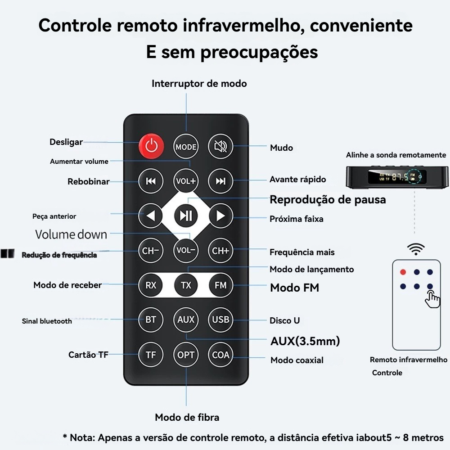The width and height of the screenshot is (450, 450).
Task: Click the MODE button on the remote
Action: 186,147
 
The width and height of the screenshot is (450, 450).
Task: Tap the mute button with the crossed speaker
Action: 220,146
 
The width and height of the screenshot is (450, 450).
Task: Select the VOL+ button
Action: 186,181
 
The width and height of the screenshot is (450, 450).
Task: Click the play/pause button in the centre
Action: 186,216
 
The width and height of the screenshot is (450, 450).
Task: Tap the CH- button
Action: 151,251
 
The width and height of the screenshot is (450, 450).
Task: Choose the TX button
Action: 186,285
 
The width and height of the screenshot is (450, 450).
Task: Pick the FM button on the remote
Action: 220,285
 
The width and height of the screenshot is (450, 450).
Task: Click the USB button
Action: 220,319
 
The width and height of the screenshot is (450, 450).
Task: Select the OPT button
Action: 186,355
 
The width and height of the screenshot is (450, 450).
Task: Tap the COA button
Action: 220,355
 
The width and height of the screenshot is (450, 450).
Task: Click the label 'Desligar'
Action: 66,142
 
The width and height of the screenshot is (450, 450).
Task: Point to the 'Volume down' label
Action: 71,234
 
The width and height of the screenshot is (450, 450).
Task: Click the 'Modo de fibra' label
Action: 187,417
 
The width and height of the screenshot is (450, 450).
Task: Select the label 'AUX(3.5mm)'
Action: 305,341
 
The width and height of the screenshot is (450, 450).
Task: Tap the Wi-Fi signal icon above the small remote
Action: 416,249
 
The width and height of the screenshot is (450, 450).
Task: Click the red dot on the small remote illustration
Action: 403,272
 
